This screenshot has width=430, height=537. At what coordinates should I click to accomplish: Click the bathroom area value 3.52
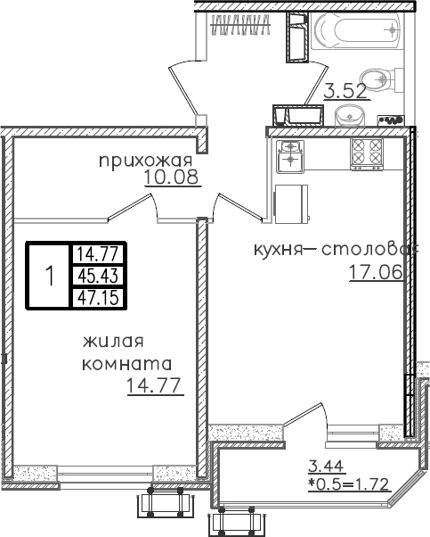[x=344, y=90]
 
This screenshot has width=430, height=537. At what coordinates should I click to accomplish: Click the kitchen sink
[x=290, y=153]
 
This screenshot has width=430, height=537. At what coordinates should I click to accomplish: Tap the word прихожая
[x=146, y=161]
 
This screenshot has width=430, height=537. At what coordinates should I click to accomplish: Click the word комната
[x=126, y=364]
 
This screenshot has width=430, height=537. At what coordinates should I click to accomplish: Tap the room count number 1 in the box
[x=50, y=276]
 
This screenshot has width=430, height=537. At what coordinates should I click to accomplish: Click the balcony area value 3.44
[x=325, y=464]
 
